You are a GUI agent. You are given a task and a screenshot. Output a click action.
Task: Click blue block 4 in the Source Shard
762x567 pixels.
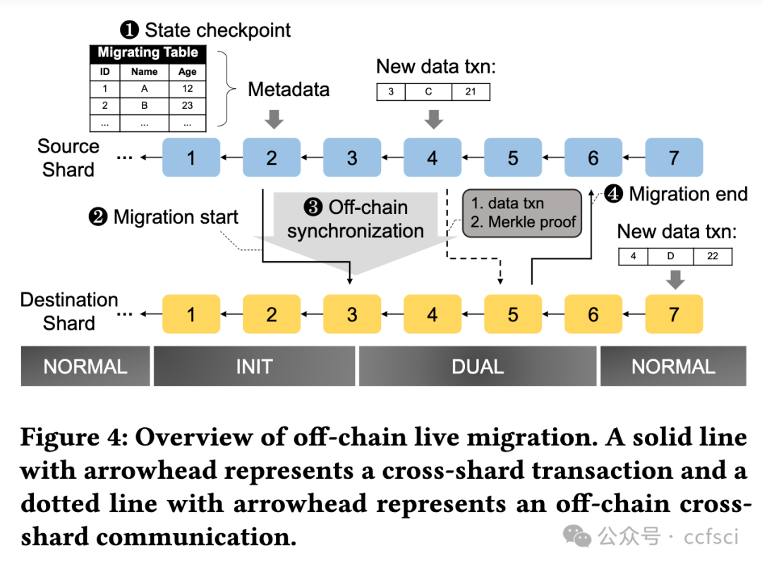point(432,157)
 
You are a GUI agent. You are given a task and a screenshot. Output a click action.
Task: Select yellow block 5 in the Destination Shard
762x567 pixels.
point(512,314)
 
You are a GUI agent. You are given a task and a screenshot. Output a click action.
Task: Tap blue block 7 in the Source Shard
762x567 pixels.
point(674,157)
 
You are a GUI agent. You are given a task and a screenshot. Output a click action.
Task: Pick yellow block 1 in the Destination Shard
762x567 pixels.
point(190,314)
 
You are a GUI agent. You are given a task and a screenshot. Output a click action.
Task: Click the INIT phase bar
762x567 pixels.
point(254,366)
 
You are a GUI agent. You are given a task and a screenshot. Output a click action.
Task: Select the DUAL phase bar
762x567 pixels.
point(478,366)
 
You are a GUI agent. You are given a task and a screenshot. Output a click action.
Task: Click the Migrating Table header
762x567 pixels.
point(147,53)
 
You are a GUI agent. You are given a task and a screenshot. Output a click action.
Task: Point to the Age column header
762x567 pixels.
point(187,71)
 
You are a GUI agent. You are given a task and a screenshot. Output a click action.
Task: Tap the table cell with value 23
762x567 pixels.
point(187,105)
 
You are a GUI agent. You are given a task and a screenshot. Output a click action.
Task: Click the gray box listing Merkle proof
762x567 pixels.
point(523,213)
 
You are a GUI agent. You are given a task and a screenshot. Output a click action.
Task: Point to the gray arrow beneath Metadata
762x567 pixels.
point(274,119)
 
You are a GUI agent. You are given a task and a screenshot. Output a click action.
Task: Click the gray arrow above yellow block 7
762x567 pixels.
point(675,280)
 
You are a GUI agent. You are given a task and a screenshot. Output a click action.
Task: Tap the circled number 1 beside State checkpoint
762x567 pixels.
point(129,30)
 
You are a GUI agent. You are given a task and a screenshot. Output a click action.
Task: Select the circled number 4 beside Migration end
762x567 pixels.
point(614,193)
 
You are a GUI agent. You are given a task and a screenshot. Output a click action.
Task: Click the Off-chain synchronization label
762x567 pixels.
point(356,219)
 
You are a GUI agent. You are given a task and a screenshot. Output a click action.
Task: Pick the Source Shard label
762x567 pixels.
point(68,158)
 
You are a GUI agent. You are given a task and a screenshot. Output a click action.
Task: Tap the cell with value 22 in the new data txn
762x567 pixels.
point(713,256)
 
